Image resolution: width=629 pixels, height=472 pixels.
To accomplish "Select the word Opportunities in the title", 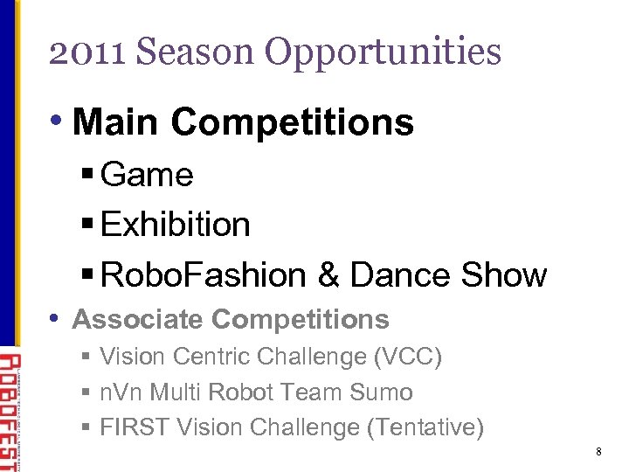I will tap(384, 52).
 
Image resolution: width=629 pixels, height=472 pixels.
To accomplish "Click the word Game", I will tap(147, 175).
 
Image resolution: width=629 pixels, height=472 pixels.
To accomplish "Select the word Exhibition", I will tap(176, 225).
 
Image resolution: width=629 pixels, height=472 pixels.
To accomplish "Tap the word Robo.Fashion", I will tap(204, 274).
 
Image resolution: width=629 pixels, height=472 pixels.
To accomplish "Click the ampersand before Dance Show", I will tap(328, 274).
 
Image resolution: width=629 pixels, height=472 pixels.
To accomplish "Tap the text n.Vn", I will tap(124, 392).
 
